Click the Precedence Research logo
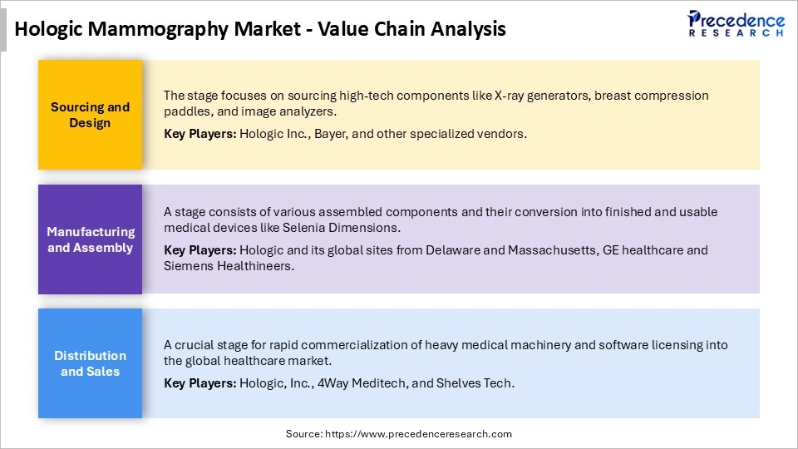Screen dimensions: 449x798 pos(736,23)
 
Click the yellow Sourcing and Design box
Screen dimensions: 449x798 pos(90,115)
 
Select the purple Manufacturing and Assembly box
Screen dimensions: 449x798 pos(90,239)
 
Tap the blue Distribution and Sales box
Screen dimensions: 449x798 pos(90,363)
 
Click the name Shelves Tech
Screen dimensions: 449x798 pos(485,382)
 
